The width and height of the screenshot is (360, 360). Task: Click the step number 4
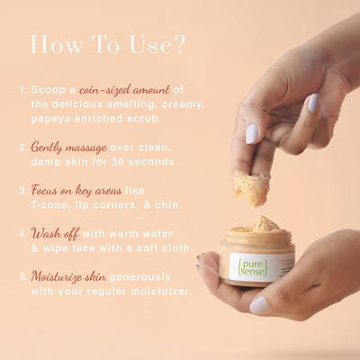(21, 232)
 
